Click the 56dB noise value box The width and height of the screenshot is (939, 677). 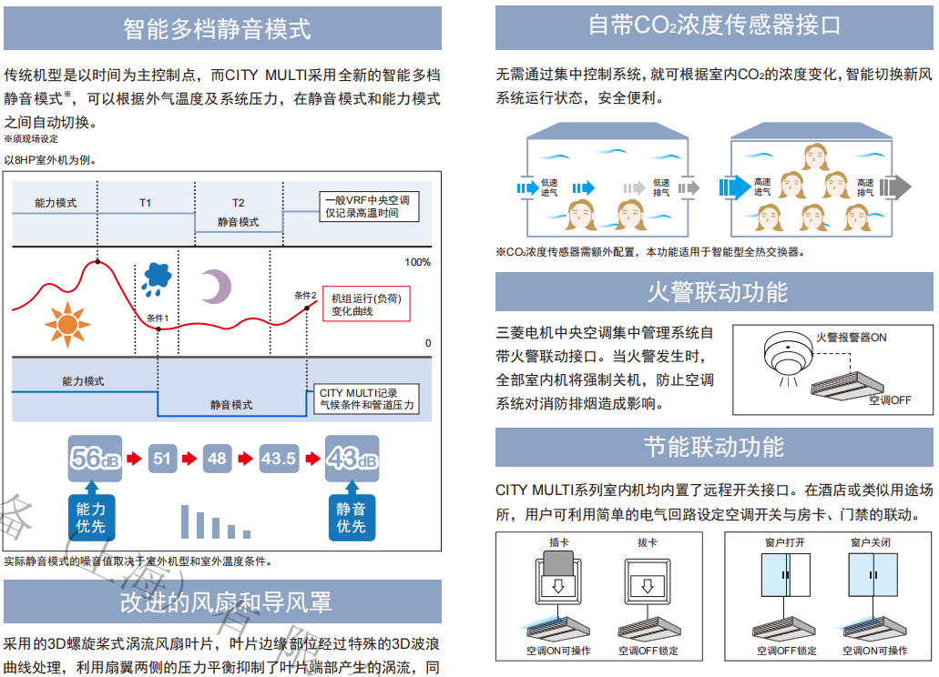point(96,459)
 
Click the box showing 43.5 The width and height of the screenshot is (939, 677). point(279,459)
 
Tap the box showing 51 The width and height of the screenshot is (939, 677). point(162,459)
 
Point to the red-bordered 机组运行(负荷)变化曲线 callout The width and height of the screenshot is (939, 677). point(365,304)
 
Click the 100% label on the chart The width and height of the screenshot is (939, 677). point(417,262)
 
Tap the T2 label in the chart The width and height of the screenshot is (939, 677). point(238,203)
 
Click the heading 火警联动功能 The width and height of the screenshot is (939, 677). point(717,292)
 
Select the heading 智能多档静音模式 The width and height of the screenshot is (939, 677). point(217,28)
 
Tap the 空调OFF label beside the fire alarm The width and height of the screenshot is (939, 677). point(889,399)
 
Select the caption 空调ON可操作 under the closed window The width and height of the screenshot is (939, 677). point(874,651)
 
